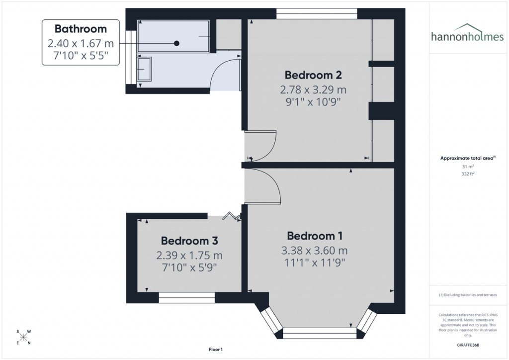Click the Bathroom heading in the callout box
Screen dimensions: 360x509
[x=81, y=29]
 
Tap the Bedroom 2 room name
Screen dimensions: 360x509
[x=313, y=75]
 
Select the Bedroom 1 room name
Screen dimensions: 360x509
[x=315, y=235]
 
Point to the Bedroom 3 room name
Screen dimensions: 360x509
[x=189, y=241]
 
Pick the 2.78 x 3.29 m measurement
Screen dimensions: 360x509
[x=313, y=90]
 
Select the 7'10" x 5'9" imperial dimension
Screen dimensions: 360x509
[x=189, y=268]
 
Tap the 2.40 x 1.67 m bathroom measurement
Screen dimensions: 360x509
[x=81, y=43]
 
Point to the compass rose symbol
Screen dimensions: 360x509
[x=24, y=337]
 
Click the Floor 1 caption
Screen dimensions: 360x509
[x=216, y=350]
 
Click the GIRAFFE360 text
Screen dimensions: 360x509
[x=467, y=345]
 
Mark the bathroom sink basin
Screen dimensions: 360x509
[x=144, y=69]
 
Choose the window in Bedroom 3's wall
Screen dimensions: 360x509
[x=187, y=297]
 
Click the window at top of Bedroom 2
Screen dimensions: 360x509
[x=317, y=13]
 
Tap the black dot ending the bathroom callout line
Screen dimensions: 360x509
[x=176, y=43]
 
